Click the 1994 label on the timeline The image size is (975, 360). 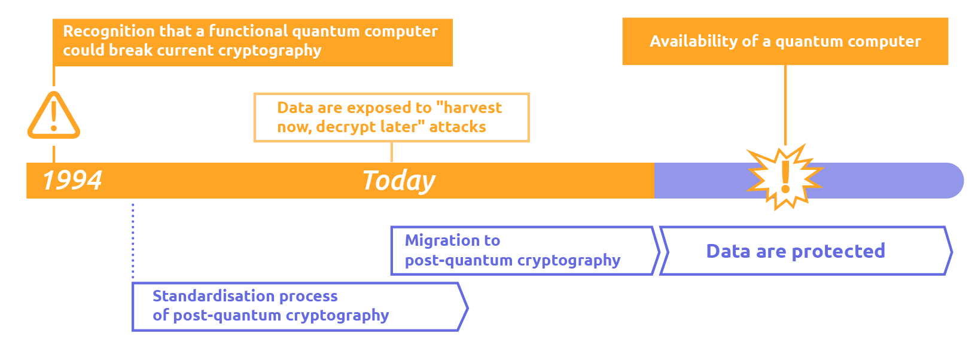pos(72,180)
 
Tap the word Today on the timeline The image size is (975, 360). pos(398,181)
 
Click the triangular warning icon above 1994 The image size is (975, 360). pos(54,116)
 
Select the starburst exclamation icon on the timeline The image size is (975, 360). pos(785,176)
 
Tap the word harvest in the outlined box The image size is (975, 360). pos(473,108)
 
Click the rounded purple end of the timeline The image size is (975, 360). pos(951,181)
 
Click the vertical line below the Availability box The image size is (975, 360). pos(785,105)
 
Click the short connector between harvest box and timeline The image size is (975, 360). pos(391,152)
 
